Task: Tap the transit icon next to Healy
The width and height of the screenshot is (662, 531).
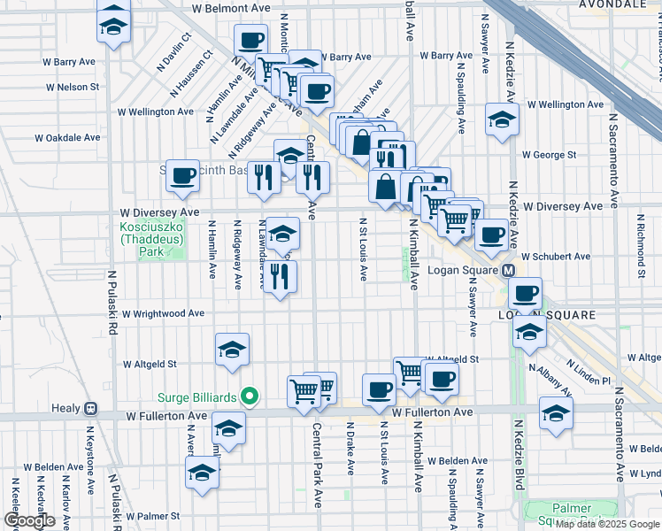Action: point(89,411)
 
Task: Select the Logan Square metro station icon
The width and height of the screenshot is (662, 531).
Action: point(509,270)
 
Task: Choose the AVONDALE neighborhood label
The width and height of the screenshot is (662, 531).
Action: point(612,4)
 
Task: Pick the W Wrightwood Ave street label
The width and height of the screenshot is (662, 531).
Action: point(163,313)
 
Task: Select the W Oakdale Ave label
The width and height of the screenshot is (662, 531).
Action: point(68,138)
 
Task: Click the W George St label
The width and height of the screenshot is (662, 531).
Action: point(549,155)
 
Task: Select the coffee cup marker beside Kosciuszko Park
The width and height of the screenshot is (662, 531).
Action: point(182,176)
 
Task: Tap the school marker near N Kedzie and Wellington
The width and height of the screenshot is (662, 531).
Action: point(502,119)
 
